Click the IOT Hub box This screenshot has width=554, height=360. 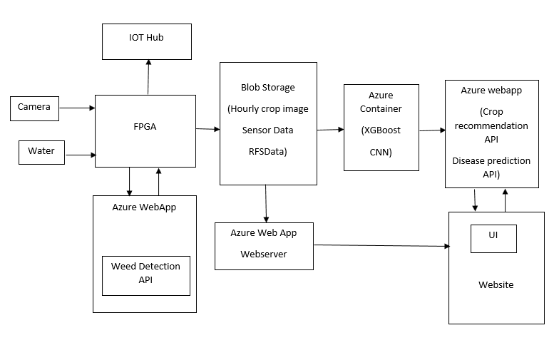coord(148,41)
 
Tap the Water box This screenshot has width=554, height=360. coord(41,152)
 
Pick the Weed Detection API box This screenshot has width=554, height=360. coord(146,274)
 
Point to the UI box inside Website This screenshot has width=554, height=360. coord(493,238)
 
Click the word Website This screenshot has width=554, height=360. coord(496,284)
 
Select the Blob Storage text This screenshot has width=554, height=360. coord(267,88)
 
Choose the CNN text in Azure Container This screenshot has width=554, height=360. coord(381,152)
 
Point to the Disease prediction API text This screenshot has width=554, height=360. coord(491,168)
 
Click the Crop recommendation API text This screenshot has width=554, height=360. coord(491,126)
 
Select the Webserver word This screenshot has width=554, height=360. coord(264,254)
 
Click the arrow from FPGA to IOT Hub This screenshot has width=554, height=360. coord(148,77)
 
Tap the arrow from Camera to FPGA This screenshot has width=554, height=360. coord(76,108)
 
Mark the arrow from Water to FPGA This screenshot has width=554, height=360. coord(80,154)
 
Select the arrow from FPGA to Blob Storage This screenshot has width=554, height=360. coord(207,129)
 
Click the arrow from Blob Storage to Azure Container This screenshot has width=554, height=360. coord(330,130)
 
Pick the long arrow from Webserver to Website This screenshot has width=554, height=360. coord(381,246)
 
